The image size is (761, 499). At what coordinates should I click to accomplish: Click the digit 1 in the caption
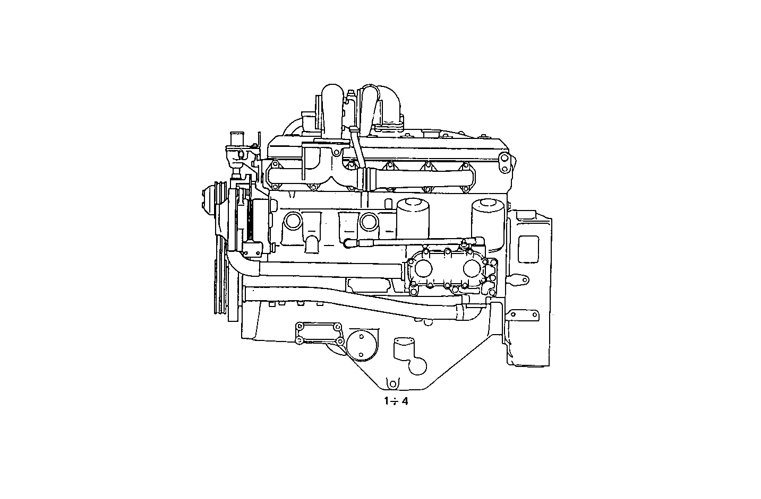coord(387,401)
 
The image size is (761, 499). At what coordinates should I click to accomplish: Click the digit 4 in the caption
coord(405,401)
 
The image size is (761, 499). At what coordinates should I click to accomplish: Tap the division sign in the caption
coord(395,401)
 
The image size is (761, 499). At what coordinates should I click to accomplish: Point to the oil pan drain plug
coord(392,382)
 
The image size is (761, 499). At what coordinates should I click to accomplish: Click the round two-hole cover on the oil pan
coord(360,345)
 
